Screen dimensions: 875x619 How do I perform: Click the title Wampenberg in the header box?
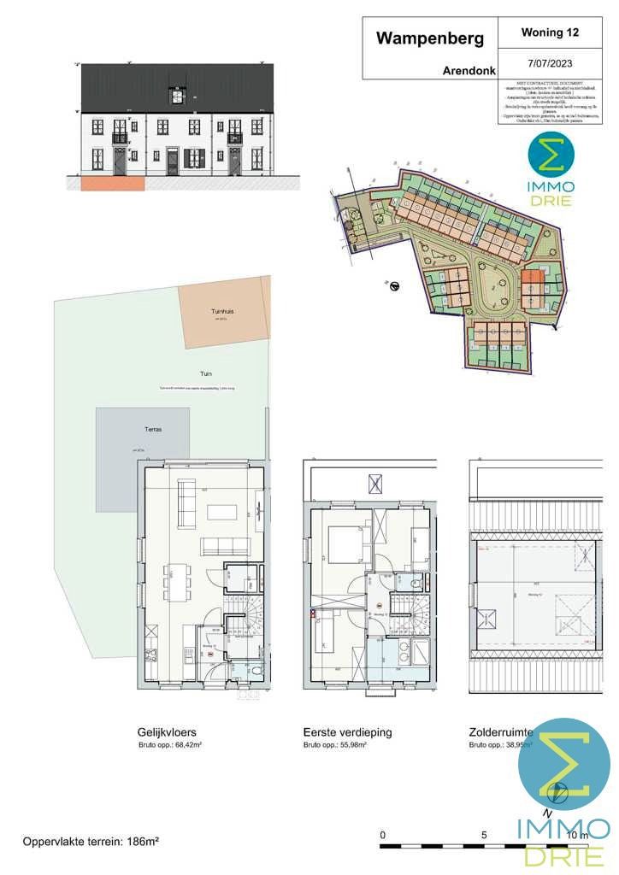coord(430,38)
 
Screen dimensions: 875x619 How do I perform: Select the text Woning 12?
coord(549,33)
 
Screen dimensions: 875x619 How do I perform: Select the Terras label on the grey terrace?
coord(153,430)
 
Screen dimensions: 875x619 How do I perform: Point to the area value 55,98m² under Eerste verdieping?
coord(349,745)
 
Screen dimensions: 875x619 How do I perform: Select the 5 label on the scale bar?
coord(484,835)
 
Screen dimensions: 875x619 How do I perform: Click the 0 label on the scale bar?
coord(383,835)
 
